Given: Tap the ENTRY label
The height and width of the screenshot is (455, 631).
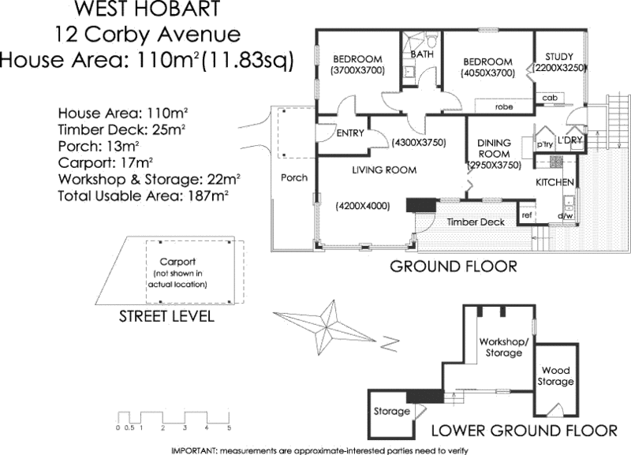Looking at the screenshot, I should (349, 133).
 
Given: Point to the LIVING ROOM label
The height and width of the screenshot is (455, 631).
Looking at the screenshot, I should (384, 170).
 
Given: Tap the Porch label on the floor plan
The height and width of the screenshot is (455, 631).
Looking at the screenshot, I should (294, 178).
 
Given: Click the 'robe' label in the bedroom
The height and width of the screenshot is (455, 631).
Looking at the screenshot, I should (505, 106).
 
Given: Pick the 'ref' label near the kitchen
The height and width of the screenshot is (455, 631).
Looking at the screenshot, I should (526, 215).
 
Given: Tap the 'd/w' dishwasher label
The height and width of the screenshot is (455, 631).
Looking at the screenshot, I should (565, 215).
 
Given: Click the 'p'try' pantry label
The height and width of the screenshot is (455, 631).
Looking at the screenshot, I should (544, 146).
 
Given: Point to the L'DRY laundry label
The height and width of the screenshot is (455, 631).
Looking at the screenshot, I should (569, 140).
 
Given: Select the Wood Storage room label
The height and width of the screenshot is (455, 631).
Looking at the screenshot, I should (556, 376).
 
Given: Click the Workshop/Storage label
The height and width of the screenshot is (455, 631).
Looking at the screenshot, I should (501, 347).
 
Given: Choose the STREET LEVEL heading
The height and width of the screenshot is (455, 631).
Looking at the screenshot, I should (166, 317).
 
